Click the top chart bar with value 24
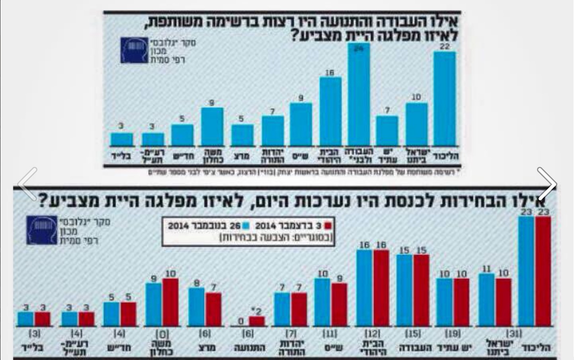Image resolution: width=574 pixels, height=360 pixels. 359,96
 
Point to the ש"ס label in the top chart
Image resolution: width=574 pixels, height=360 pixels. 301,157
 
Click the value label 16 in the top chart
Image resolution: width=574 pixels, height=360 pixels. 330,73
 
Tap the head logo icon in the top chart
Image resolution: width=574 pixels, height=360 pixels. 134,50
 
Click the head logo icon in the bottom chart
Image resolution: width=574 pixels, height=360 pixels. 42,230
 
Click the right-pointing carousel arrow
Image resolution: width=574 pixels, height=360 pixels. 547,184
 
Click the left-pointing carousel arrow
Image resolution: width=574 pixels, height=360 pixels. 28,184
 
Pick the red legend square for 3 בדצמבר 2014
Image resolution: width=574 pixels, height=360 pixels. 329,226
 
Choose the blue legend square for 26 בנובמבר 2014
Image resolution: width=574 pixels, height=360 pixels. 246,226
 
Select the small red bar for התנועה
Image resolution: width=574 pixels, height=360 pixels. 257,321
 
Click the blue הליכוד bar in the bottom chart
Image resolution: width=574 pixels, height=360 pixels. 526,271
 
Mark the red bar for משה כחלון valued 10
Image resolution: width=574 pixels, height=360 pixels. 170,302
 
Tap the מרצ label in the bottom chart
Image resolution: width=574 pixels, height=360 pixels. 207,348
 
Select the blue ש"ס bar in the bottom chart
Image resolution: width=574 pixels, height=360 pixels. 322,302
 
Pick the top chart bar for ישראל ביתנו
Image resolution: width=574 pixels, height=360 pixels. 416,124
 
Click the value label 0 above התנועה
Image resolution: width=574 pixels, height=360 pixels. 240,321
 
